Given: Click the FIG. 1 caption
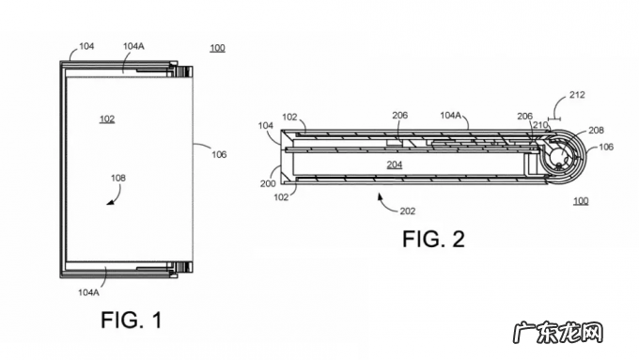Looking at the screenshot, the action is (x=132, y=320).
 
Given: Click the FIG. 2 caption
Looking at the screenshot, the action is (x=433, y=239).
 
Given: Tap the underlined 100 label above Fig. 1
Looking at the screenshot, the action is (x=218, y=48).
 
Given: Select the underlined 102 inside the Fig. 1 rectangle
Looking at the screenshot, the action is (x=107, y=119).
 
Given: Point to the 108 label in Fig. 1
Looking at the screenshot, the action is (x=118, y=179).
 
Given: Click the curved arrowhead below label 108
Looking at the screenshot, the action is (x=110, y=202).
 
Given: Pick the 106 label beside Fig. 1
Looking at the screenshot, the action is (x=219, y=154).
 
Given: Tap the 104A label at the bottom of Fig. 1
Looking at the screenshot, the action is (x=88, y=292).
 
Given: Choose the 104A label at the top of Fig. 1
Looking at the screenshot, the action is (x=133, y=46).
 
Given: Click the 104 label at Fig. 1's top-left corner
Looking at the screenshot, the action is (x=86, y=46).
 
